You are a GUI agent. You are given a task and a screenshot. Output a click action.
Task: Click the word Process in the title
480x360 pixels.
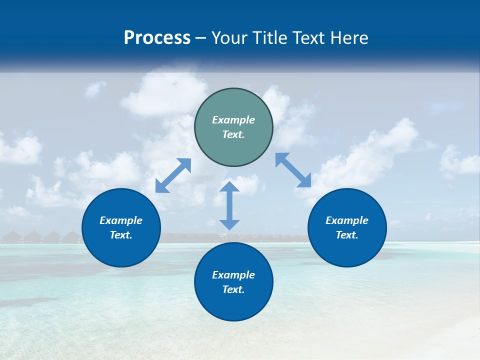pos(157,38)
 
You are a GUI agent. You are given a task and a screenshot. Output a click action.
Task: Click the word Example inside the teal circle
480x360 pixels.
pos(233,120)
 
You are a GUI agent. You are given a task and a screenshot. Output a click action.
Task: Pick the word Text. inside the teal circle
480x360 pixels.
pos(233,134)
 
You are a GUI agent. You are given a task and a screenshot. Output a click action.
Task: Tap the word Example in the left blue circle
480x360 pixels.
pos(121,220)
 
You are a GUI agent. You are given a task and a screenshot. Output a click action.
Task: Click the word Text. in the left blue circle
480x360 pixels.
pos(121,235)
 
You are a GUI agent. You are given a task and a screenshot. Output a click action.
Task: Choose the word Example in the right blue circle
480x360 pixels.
pos(347,220)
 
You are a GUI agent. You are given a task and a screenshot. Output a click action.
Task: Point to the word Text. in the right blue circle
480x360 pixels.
pos(347,235)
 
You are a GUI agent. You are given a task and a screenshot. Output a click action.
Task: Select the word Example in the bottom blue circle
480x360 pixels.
pos(233,275)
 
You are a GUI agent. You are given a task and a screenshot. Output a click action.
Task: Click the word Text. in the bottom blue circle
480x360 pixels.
pos(233,289)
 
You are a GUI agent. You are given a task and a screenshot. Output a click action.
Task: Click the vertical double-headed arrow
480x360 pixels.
pos(229,205)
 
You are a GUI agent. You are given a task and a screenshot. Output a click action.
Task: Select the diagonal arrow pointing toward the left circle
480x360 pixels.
pos(173,175)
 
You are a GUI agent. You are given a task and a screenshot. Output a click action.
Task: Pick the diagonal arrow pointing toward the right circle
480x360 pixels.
pos(293,170)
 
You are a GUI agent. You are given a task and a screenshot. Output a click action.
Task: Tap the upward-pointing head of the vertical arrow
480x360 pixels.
pos(229,186)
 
